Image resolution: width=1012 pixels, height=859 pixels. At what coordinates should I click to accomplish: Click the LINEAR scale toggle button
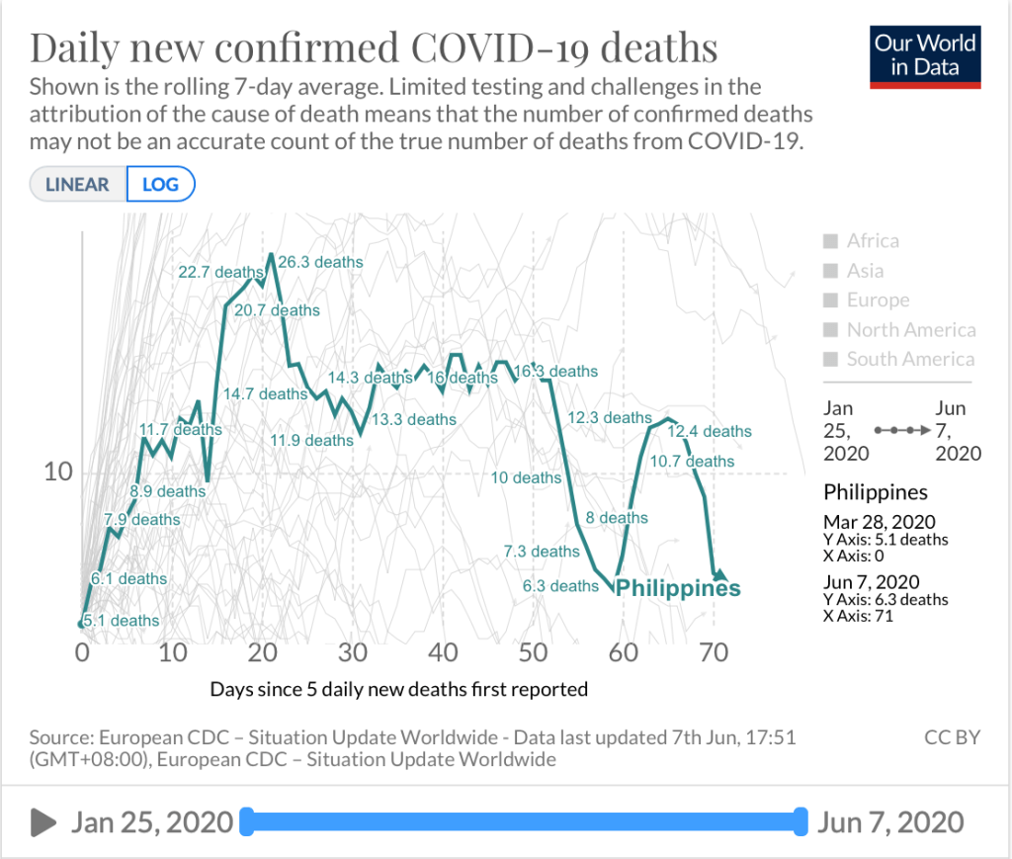click(78, 185)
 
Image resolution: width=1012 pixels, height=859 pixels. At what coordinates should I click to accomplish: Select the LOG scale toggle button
click(160, 185)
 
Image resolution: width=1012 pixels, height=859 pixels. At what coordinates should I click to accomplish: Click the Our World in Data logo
click(926, 55)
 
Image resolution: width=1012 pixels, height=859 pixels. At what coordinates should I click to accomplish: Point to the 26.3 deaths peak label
click(320, 263)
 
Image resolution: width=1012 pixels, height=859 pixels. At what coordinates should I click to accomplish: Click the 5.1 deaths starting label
click(121, 621)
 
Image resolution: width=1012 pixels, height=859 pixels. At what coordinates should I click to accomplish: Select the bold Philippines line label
click(678, 588)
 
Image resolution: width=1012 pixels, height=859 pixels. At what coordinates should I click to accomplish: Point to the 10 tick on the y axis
click(59, 472)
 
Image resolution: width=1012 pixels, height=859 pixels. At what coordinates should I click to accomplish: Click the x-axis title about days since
click(398, 689)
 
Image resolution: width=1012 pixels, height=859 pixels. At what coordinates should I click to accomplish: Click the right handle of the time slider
click(800, 821)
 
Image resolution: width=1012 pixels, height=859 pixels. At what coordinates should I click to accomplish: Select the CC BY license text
click(953, 737)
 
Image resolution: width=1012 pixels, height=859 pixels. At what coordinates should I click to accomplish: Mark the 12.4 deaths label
click(710, 432)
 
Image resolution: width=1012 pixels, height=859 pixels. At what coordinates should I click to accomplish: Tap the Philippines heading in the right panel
click(876, 492)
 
